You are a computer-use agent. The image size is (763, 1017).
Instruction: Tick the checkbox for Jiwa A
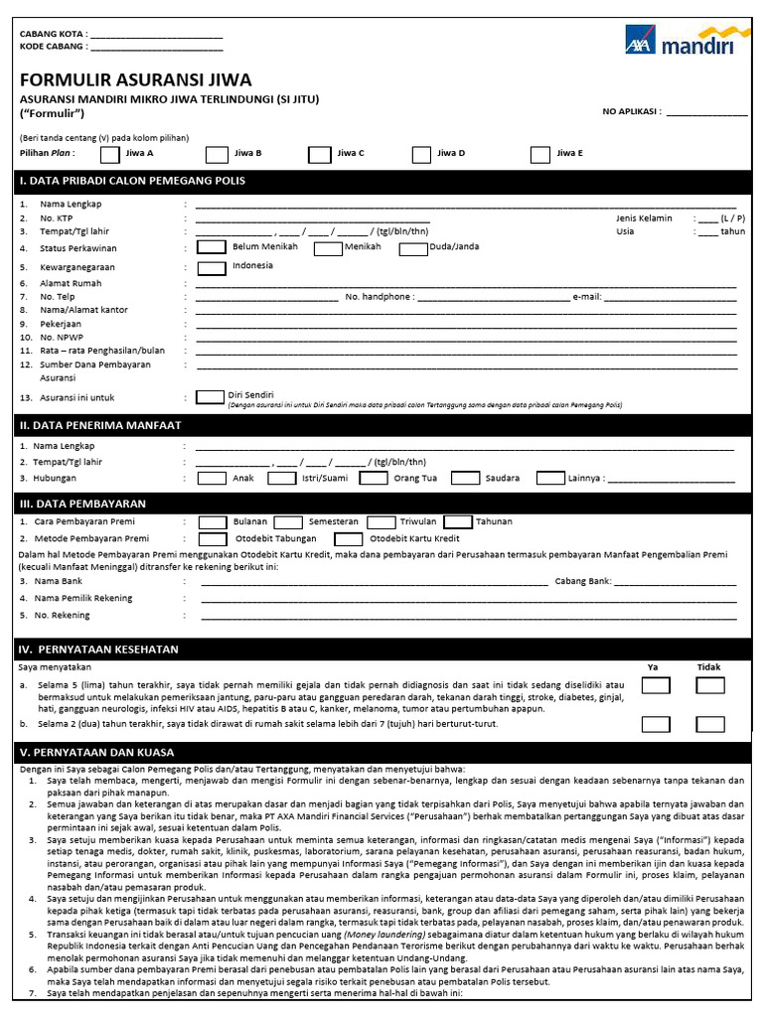coord(111,154)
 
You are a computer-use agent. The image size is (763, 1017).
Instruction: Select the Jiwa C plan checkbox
coord(319,154)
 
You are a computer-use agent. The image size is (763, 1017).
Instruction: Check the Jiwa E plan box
coord(540,154)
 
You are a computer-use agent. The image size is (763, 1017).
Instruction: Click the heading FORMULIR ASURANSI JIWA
coord(136,80)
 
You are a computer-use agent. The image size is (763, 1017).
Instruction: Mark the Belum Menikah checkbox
coord(211,247)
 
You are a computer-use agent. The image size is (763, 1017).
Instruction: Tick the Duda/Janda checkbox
coord(412,248)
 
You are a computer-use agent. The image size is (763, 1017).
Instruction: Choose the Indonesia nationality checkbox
coord(211,267)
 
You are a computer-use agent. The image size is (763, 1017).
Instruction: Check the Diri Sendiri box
coord(210,397)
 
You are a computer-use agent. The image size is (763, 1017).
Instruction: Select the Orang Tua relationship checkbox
coord(374,478)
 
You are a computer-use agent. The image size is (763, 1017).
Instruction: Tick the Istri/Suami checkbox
coord(282,478)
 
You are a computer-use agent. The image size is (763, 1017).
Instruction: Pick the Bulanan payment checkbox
coord(213,521)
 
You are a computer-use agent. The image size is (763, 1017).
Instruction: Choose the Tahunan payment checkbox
coord(457,521)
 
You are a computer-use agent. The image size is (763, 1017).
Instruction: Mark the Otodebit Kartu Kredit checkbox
coord(348,539)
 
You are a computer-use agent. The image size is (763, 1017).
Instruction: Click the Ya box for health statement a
coord(655,685)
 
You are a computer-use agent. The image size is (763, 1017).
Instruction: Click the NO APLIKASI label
coord(632,112)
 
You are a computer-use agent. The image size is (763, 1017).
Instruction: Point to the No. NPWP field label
coord(62,338)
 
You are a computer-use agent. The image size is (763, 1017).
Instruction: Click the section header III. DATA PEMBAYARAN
coord(82,504)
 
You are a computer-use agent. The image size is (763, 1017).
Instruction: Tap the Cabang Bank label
coord(582,581)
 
